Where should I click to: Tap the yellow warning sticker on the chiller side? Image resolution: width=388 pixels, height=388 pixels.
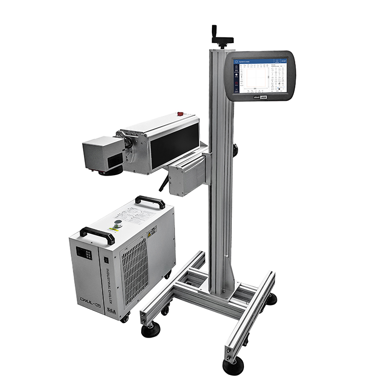point(152,232)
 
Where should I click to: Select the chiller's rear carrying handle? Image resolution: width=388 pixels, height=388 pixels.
point(150,201)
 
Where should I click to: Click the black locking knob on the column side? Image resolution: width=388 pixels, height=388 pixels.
point(235,150)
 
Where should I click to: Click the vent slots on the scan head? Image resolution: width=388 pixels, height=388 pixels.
point(108,161)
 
